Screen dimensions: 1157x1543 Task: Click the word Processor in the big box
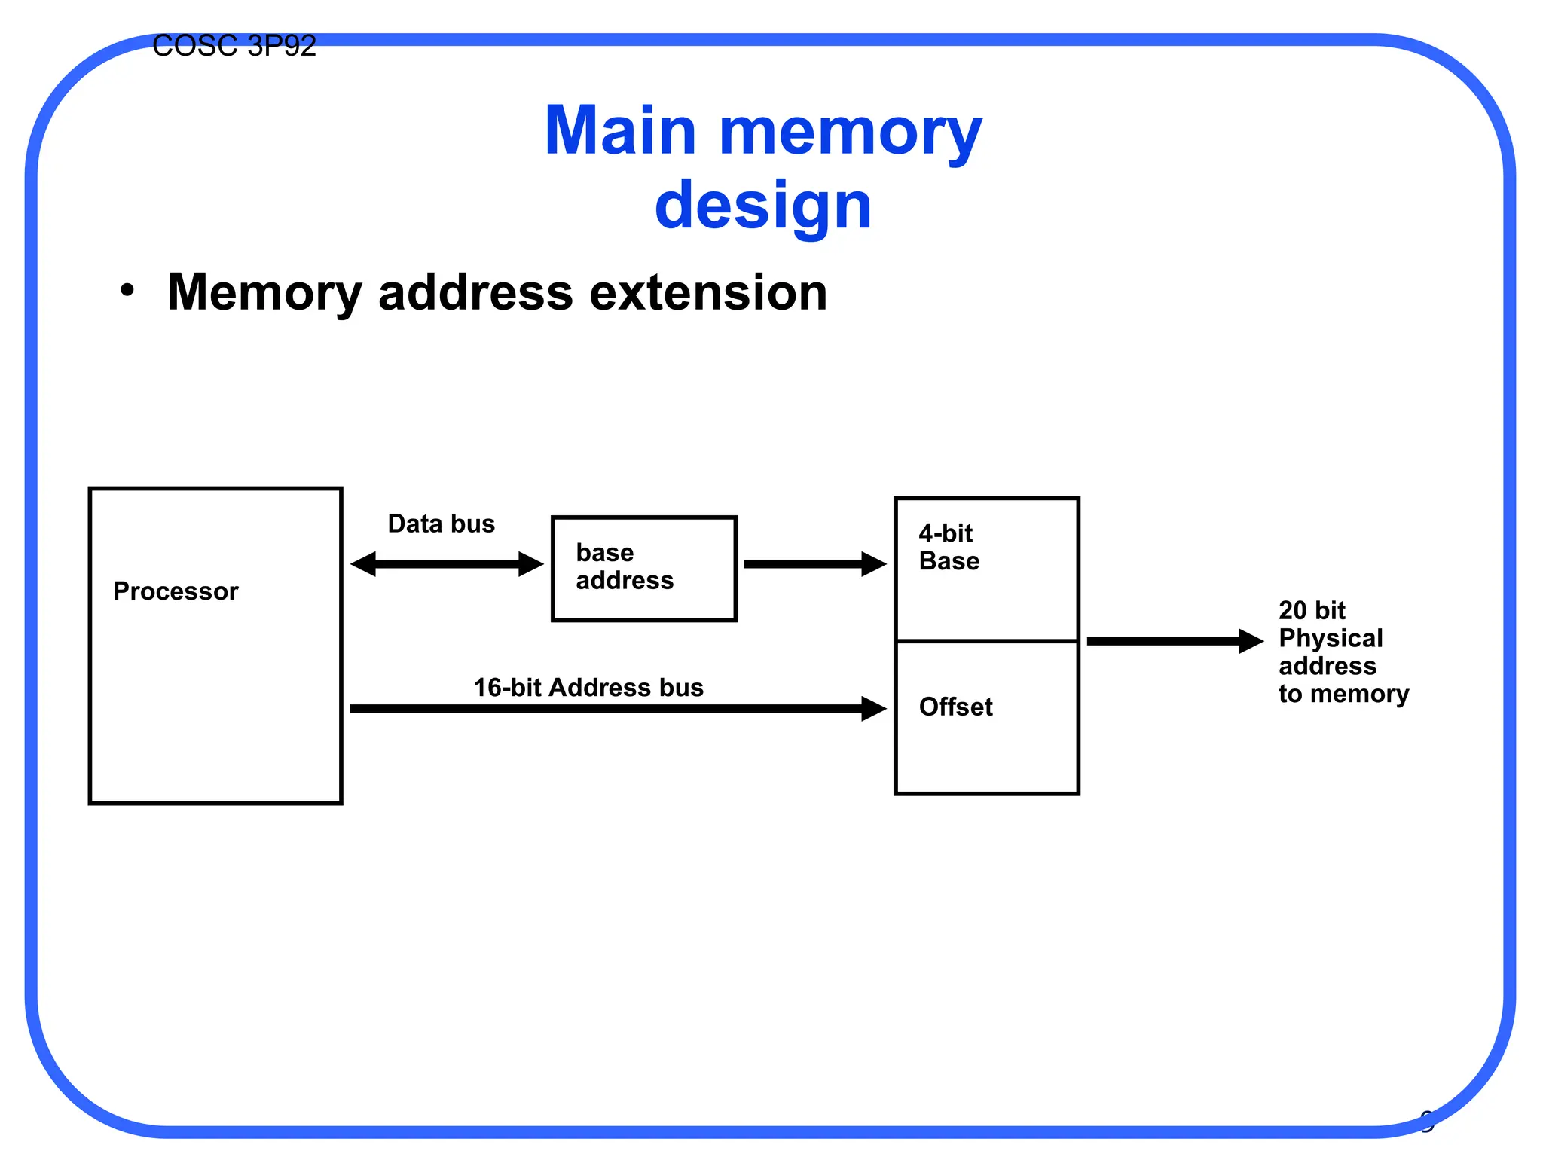[x=176, y=591]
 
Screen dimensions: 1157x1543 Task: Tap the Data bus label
[x=441, y=524]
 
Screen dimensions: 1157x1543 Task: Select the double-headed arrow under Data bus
[x=447, y=563]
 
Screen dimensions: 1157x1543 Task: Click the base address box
[x=643, y=568]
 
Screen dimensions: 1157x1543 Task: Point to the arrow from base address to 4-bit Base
[x=814, y=563]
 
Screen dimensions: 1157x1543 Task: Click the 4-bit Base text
[x=949, y=548]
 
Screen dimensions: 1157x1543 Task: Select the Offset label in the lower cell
[x=955, y=707]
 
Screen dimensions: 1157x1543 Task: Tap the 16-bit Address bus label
[x=588, y=687]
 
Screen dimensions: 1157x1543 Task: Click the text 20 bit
[x=1311, y=609]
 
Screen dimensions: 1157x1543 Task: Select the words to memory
[x=1343, y=694]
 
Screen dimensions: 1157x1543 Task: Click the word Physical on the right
[x=1331, y=638]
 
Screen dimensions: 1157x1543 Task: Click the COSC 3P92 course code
[x=234, y=47]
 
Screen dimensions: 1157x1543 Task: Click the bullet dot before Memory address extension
[x=127, y=291]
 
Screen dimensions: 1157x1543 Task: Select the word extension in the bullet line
[x=707, y=292]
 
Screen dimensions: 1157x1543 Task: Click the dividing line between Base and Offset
[x=986, y=641]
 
